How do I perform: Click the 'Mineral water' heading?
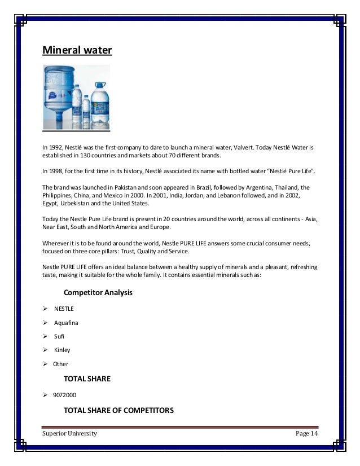click(x=77, y=51)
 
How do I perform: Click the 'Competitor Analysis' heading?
click(x=98, y=293)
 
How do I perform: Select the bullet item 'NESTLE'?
click(x=64, y=309)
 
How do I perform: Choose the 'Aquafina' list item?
click(x=66, y=323)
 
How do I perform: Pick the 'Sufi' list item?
click(x=59, y=336)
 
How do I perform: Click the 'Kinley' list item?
click(x=62, y=350)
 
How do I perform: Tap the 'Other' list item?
click(x=60, y=364)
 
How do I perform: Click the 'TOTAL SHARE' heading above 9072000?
click(x=87, y=379)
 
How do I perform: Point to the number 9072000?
click(x=66, y=395)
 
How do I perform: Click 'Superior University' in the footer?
click(x=70, y=433)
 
